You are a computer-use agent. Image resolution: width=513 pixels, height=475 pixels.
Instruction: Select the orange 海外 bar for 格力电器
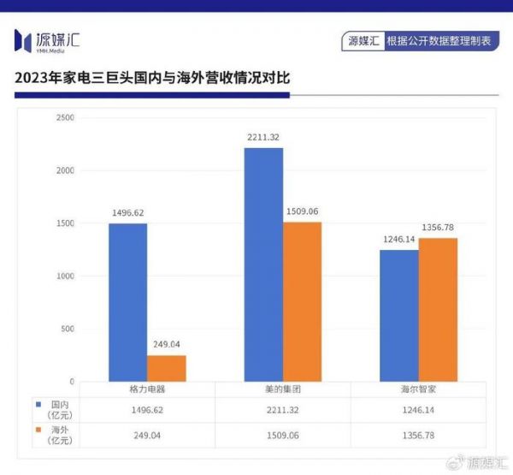[x=166, y=368]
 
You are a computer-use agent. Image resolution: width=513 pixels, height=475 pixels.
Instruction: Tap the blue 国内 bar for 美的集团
[x=263, y=264]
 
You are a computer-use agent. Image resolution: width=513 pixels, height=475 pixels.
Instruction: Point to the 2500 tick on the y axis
[x=64, y=117]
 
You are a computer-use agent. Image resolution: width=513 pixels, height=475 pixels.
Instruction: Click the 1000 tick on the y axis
[x=64, y=276]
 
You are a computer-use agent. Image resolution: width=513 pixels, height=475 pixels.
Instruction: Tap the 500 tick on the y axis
[x=67, y=329]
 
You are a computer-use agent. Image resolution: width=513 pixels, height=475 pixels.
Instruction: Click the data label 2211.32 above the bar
[x=263, y=138]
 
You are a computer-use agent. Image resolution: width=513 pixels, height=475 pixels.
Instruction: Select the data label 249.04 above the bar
[x=166, y=345]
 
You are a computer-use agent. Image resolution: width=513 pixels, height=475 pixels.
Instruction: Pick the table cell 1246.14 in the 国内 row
[x=418, y=410]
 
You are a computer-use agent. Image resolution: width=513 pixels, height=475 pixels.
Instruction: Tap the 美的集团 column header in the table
[x=282, y=389]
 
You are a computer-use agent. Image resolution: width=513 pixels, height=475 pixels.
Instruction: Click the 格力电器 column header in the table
[x=146, y=389]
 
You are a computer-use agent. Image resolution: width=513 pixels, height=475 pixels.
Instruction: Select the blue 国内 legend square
[x=38, y=401]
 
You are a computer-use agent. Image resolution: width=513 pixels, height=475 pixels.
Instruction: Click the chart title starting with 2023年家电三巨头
[x=152, y=78]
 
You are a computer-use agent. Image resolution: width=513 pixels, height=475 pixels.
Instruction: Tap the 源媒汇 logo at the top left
[x=47, y=39]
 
